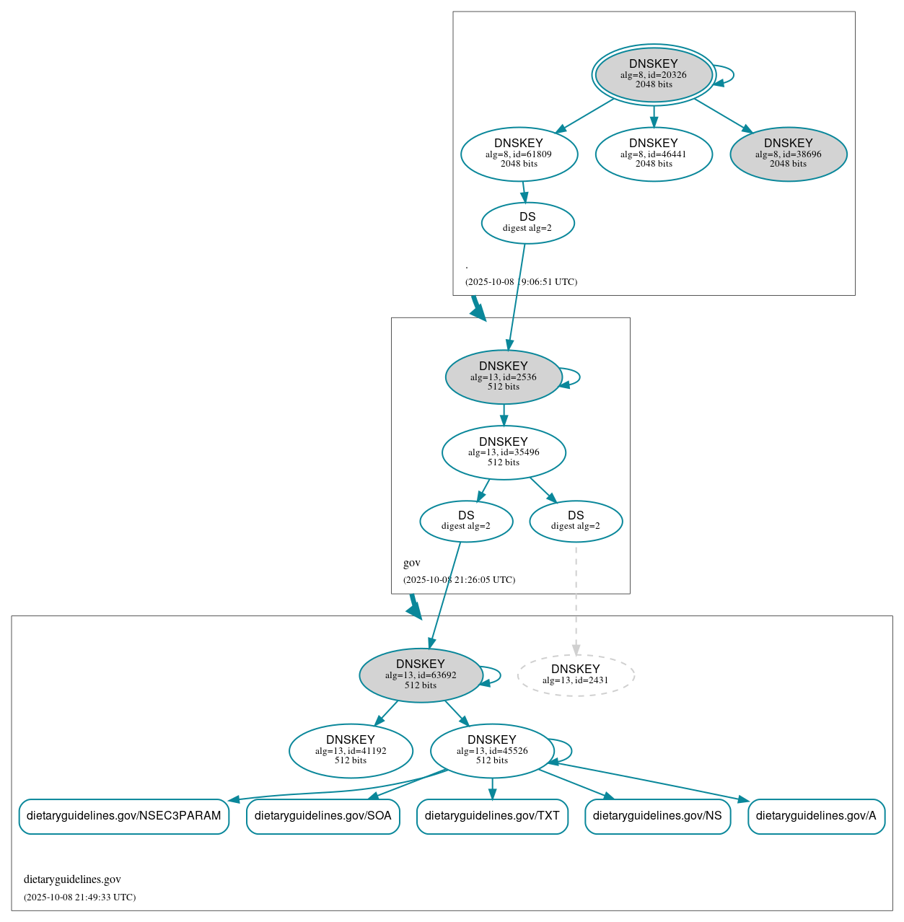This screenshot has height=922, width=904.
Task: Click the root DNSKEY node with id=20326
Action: (653, 74)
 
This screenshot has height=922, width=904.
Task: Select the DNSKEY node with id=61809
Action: (519, 154)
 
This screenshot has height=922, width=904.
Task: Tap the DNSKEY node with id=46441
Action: (654, 154)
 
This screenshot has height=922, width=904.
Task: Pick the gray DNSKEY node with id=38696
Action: (788, 154)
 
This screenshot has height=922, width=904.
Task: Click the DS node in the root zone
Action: (527, 223)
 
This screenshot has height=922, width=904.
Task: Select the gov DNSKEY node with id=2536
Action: (504, 377)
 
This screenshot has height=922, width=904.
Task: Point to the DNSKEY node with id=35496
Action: (504, 452)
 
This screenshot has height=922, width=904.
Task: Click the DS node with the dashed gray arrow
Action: (575, 521)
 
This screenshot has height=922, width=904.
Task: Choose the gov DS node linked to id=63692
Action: (466, 521)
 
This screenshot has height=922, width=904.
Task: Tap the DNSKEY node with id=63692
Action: (421, 675)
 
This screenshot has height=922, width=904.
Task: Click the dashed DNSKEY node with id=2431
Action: (576, 675)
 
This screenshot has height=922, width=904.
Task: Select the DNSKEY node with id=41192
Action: (351, 751)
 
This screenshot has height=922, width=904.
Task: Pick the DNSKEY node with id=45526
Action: (492, 751)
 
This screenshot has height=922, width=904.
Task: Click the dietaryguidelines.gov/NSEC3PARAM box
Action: (124, 816)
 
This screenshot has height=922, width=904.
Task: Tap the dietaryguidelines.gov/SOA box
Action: (322, 816)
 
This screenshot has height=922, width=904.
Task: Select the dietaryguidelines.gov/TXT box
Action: (492, 816)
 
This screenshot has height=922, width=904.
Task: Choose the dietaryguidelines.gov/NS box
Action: (657, 816)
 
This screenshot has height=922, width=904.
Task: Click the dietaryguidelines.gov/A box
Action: (816, 816)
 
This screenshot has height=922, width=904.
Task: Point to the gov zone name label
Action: (412, 563)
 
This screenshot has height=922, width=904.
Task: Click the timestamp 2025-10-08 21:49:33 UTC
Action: (79, 897)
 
